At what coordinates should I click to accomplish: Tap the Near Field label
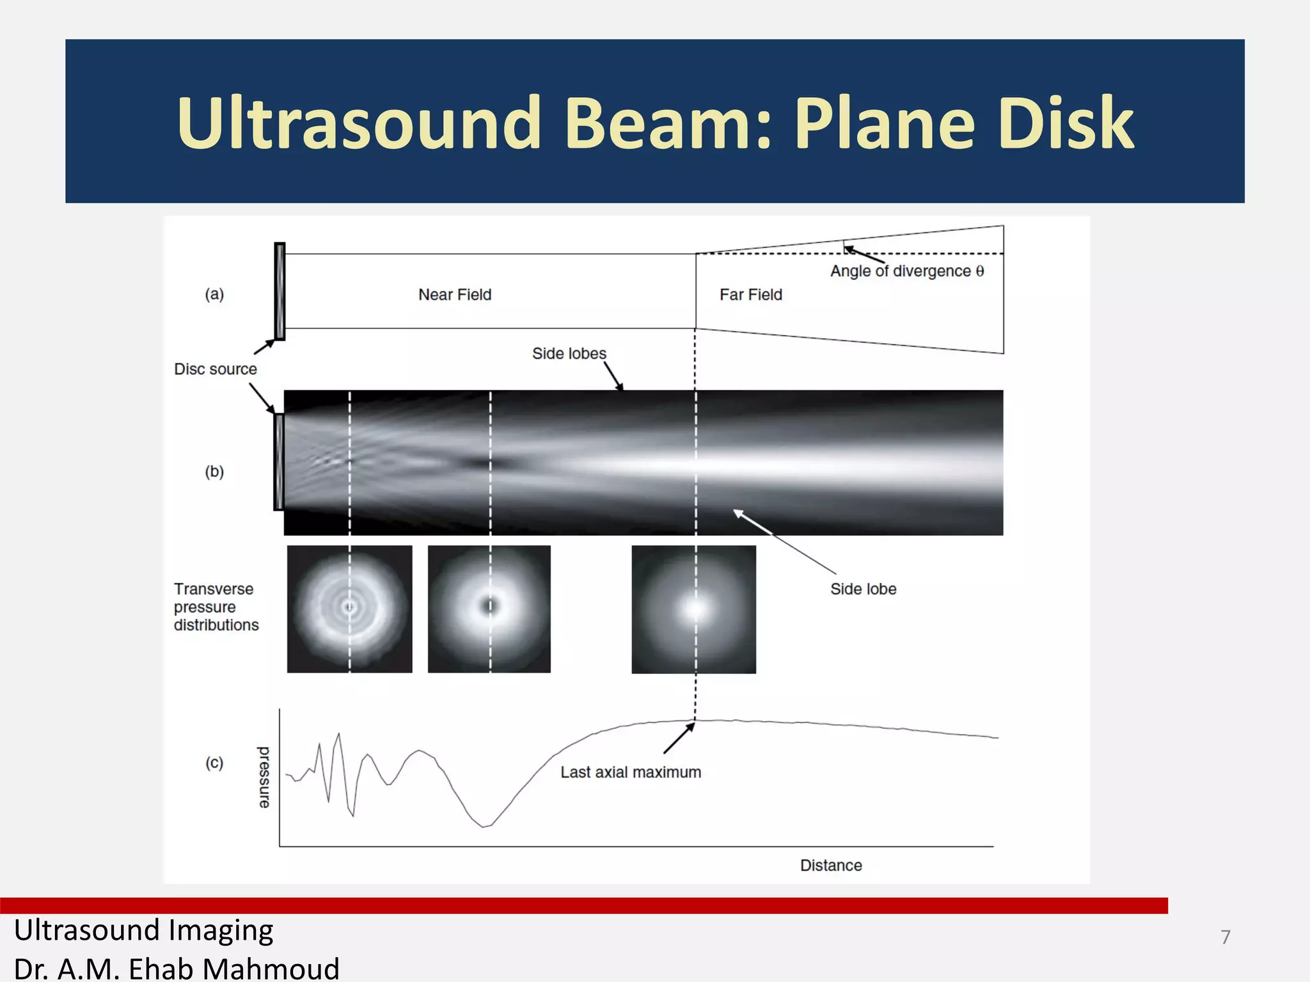coord(455,295)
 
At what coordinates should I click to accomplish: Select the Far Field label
coord(750,295)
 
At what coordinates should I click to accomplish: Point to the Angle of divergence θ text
coord(906,271)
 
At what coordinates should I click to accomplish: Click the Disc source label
coord(215,369)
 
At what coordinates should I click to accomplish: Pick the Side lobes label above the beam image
coord(569,354)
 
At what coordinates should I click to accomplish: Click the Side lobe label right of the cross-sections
coord(863,589)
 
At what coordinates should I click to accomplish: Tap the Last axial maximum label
coord(630,772)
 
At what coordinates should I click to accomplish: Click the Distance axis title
coord(830,865)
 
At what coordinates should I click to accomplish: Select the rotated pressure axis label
coord(264,777)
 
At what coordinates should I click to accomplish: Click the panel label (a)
coord(214,294)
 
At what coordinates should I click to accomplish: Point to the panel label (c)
coord(214,763)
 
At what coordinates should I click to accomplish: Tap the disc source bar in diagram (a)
coord(280,291)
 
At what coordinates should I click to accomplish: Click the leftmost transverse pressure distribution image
coord(349,609)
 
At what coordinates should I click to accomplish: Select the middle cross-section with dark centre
coord(489,609)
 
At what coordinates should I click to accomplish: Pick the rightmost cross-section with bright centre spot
coord(693,609)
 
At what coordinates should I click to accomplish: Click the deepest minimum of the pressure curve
coord(484,826)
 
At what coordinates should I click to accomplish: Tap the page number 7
coord(1225,937)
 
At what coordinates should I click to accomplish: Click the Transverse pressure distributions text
coord(216,607)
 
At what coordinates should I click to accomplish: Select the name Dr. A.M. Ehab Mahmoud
coord(176,968)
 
